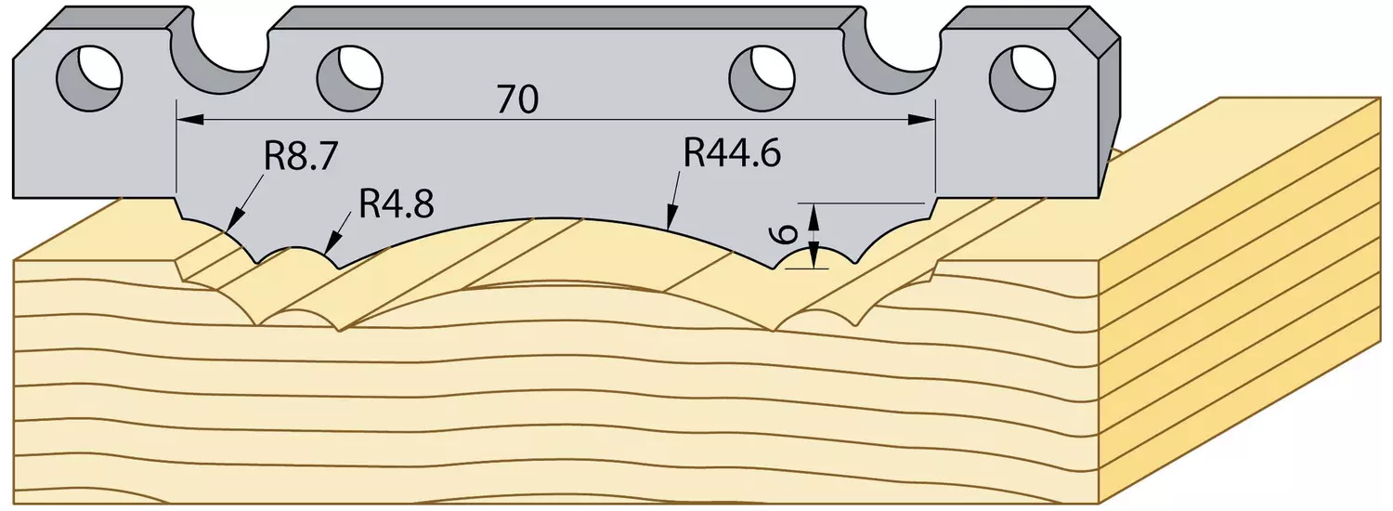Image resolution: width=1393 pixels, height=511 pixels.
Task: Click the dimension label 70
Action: (517, 99)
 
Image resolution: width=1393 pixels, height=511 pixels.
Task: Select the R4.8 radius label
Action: (396, 203)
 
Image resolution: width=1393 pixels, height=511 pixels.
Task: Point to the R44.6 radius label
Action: (732, 153)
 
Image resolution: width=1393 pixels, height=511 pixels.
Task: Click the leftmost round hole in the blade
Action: (89, 78)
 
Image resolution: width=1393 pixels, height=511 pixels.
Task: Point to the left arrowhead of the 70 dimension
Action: (190, 118)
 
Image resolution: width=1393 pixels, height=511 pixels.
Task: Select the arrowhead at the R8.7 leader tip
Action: (234, 224)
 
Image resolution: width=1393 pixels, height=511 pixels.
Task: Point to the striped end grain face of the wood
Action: (1238, 299)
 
